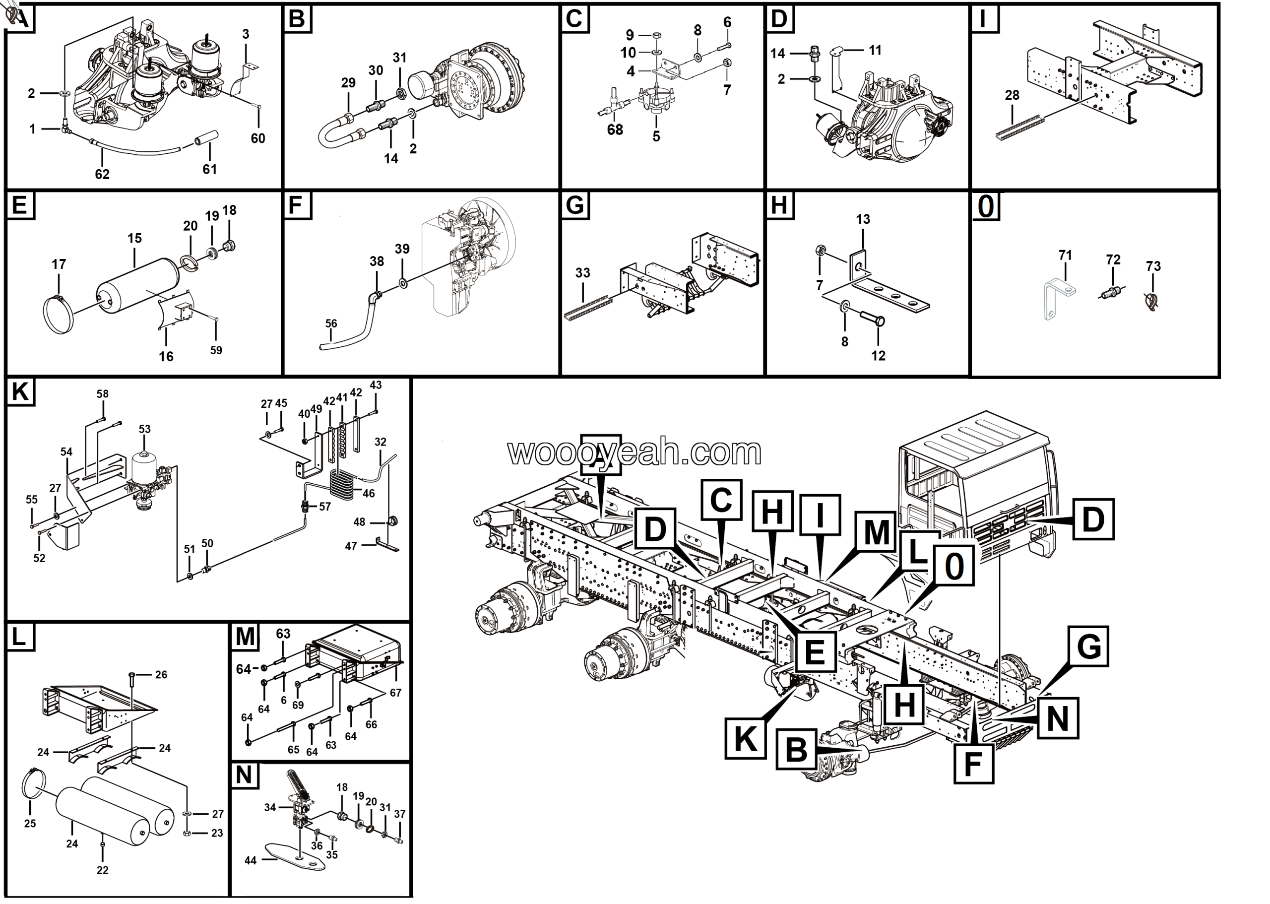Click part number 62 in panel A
(102, 174)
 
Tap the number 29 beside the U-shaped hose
(348, 83)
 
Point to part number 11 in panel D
(875, 51)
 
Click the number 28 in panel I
(1012, 95)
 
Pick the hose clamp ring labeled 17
(58, 315)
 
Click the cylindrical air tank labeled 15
(138, 284)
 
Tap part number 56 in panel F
(331, 323)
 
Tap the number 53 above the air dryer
(145, 429)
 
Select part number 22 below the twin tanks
(102, 869)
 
